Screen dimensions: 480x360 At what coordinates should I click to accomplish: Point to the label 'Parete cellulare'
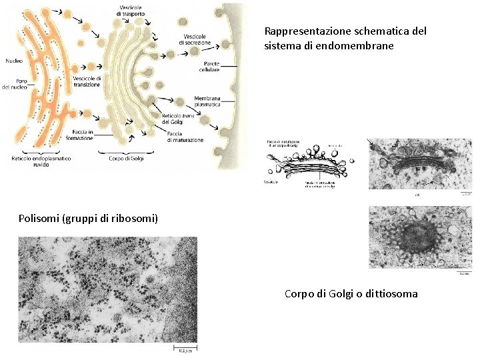(209, 67)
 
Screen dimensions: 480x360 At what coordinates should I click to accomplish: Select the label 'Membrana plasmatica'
(207, 101)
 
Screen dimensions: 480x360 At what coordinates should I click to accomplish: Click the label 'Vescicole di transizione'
(87, 81)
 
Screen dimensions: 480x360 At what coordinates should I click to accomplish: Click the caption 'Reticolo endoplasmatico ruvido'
(41, 161)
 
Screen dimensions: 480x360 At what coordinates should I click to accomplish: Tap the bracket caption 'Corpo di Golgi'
(126, 158)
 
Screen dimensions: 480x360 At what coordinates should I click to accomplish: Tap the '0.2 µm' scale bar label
(184, 350)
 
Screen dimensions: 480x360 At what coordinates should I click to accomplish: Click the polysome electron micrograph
(107, 289)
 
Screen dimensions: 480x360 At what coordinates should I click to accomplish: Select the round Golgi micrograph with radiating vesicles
(419, 237)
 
